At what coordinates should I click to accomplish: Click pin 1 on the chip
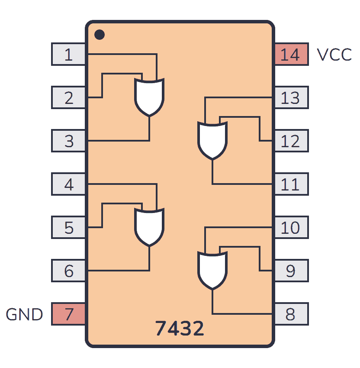pyautogui.click(x=68, y=55)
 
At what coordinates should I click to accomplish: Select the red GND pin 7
pyautogui.click(x=68, y=314)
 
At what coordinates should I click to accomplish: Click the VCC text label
pyautogui.click(x=334, y=55)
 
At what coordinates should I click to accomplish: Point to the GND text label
pyautogui.click(x=25, y=315)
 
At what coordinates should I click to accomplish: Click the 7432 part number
pyautogui.click(x=180, y=329)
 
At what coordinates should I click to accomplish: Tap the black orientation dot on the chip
pyautogui.click(x=99, y=34)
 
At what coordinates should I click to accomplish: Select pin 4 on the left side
pyautogui.click(x=68, y=184)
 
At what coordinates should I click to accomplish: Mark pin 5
pyautogui.click(x=68, y=228)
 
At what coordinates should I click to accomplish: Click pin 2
pyautogui.click(x=68, y=98)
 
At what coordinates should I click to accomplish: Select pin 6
pyautogui.click(x=68, y=271)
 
